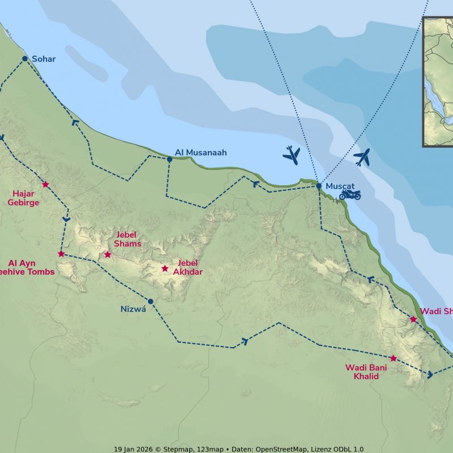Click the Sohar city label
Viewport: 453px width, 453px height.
[44, 59]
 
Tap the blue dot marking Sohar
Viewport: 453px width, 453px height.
[24, 58]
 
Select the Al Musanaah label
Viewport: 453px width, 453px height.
[200, 152]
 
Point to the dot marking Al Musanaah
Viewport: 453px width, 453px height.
[169, 159]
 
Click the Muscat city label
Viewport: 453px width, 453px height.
[340, 186]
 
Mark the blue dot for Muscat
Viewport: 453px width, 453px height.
[319, 186]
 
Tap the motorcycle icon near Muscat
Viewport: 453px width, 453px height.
[350, 195]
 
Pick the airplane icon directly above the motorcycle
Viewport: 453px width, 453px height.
[362, 157]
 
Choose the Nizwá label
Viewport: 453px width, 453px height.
[133, 309]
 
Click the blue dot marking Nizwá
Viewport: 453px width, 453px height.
[151, 301]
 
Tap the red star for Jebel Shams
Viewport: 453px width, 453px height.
[108, 255]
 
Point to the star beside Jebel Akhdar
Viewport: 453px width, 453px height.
[165, 268]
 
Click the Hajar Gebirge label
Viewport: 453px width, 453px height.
[23, 198]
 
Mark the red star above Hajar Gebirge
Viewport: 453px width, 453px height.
[45, 184]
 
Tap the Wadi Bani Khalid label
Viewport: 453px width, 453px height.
[366, 371]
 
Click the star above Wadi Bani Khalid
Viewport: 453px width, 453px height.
[393, 358]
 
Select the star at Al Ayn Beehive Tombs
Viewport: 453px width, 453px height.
[61, 254]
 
